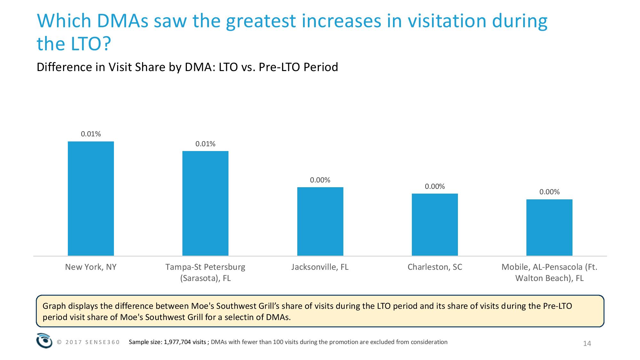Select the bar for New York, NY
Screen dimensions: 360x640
91,198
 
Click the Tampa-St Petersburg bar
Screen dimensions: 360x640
205,203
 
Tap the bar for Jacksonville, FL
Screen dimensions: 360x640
320,221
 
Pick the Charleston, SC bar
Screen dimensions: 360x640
435,225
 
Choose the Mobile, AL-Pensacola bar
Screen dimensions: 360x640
549,228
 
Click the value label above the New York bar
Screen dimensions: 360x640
91,134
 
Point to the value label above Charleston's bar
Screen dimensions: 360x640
435,187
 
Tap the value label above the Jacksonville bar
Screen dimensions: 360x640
320,180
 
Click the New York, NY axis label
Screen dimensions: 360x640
91,267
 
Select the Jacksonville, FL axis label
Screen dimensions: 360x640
320,267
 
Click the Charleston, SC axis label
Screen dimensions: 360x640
435,267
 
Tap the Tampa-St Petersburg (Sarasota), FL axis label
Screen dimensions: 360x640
205,272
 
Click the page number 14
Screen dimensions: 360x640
587,344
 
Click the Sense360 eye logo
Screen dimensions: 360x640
44,340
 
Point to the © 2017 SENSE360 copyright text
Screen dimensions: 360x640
88,342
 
